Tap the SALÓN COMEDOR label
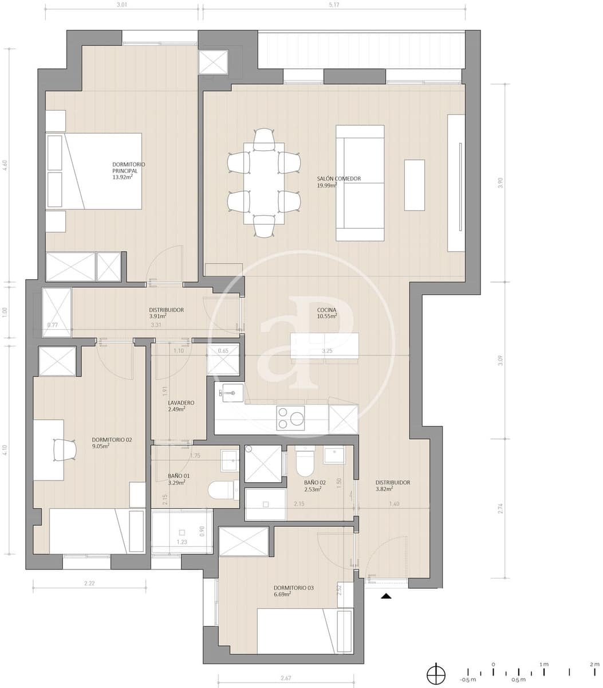click(x=338, y=179)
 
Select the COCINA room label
click(x=326, y=310)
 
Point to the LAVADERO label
click(x=181, y=403)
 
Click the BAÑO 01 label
click(x=179, y=476)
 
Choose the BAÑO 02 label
click(x=314, y=483)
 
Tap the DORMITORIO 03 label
click(x=293, y=588)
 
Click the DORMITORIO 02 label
click(x=112, y=440)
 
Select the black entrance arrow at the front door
click(x=387, y=596)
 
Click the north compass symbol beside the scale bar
click(x=436, y=672)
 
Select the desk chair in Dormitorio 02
click(x=64, y=448)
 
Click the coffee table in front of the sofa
click(x=414, y=185)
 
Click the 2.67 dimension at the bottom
click(x=285, y=678)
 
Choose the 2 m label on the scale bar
click(x=594, y=664)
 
